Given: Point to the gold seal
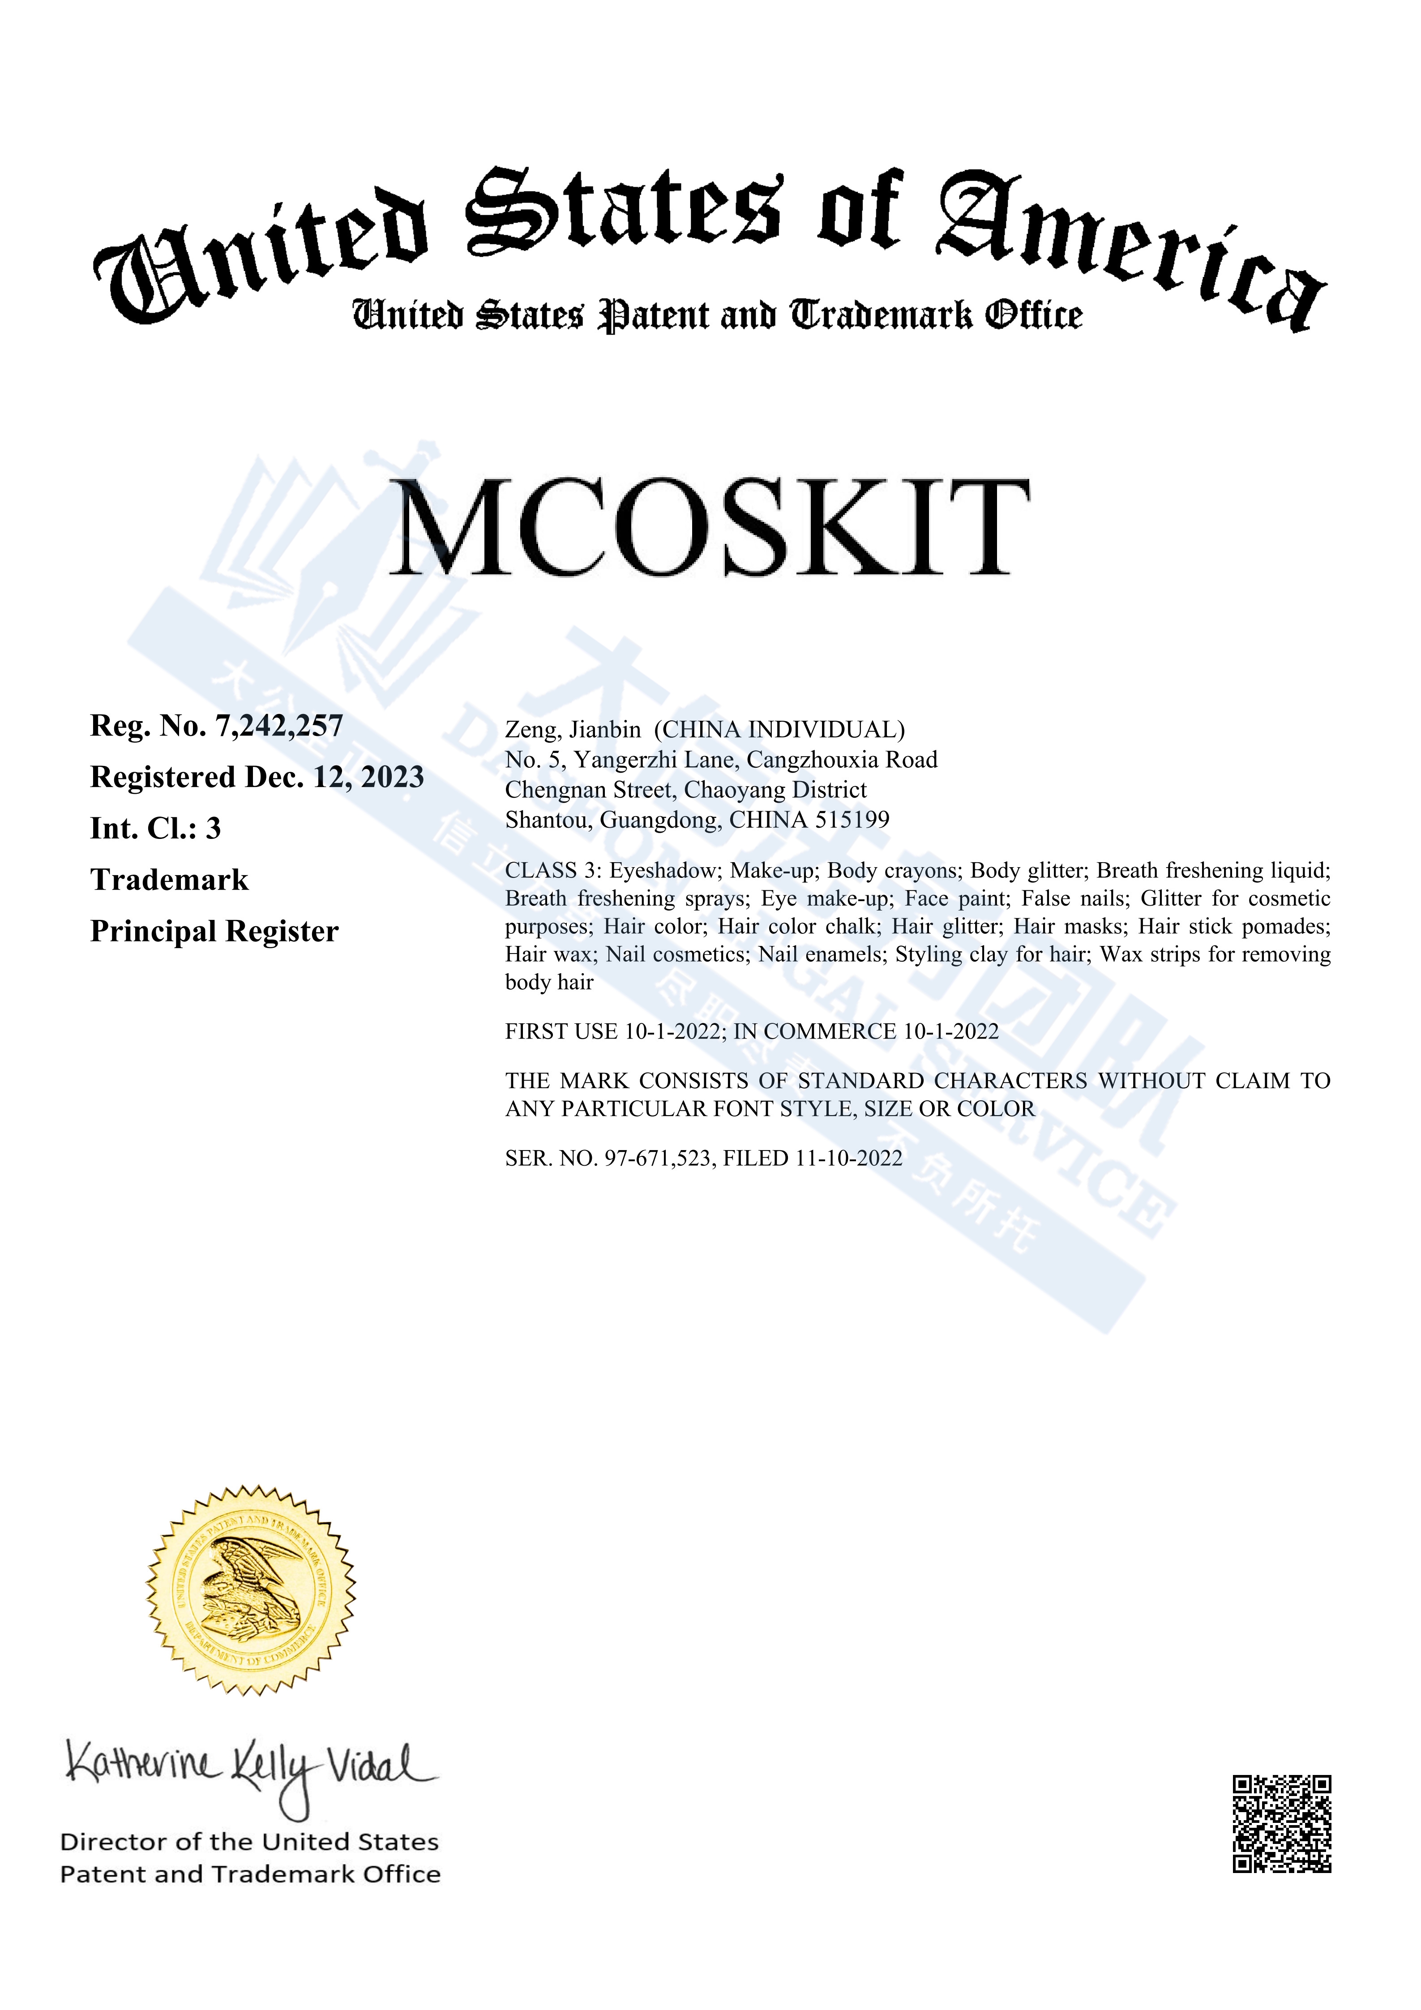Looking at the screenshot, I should pyautogui.click(x=251, y=1591).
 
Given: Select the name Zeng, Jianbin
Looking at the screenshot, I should pyautogui.click(x=573, y=730).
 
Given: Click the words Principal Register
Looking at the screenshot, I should pyautogui.click(x=214, y=932).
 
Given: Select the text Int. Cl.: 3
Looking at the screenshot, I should pyautogui.click(x=156, y=828).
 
